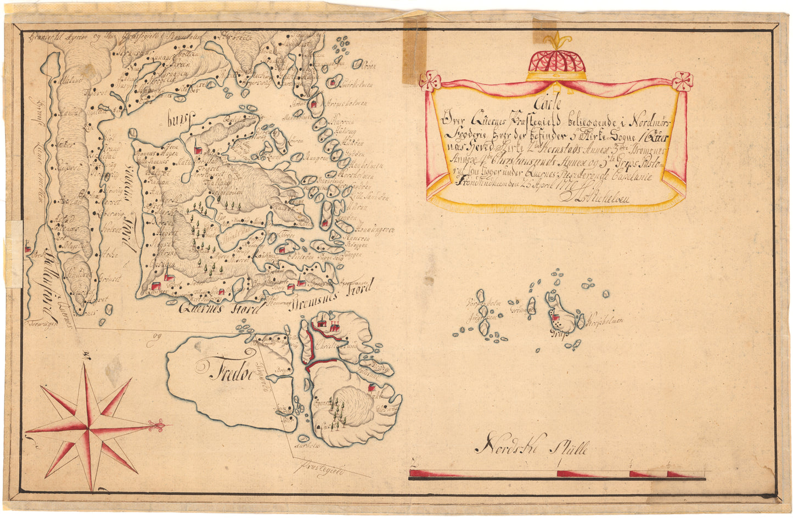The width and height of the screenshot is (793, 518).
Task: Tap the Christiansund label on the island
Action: click(x=340, y=347)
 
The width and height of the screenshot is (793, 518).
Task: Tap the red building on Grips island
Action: click(x=555, y=317)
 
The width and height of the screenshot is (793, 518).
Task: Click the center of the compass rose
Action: click(x=88, y=427)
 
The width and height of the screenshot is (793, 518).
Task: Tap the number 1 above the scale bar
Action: click(x=559, y=464)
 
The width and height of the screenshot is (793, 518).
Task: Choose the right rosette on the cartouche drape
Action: click(x=683, y=80)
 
